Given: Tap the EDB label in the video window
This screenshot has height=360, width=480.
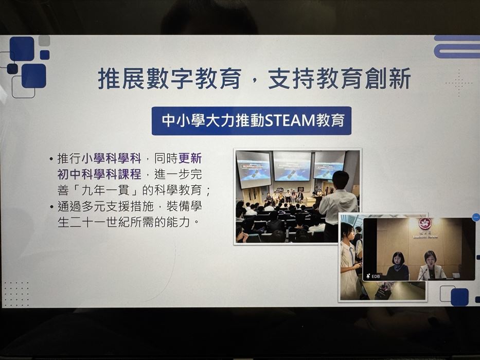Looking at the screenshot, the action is pyautogui.click(x=376, y=276).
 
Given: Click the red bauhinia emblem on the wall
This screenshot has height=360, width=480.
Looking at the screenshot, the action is pyautogui.click(x=424, y=224).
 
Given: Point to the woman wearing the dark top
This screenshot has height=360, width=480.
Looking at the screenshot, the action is pyautogui.click(x=397, y=266).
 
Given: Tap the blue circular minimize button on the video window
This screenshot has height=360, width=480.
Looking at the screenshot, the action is pyautogui.click(x=476, y=218).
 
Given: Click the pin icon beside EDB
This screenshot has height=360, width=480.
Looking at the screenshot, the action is pyautogui.click(x=368, y=276).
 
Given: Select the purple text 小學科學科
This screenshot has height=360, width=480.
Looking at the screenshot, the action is pyautogui.click(x=112, y=158).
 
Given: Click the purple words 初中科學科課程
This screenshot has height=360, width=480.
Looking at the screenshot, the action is pyautogui.click(x=99, y=174).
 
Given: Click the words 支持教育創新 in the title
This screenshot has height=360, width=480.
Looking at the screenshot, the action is pyautogui.click(x=339, y=79).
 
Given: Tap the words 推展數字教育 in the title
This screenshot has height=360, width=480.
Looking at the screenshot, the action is pyautogui.click(x=170, y=79).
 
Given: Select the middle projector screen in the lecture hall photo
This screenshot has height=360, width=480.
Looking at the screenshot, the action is pyautogui.click(x=292, y=166).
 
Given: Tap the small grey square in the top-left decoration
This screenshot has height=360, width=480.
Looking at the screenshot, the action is pyautogui.click(x=44, y=41).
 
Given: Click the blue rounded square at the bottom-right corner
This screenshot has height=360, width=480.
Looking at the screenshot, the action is pyautogui.click(x=459, y=297).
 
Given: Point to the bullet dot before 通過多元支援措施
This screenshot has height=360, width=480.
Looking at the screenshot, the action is pyautogui.click(x=52, y=207).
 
